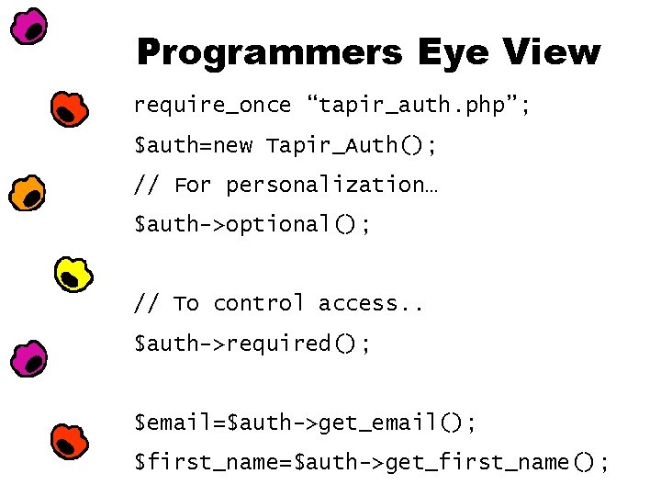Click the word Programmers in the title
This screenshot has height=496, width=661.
click(x=268, y=52)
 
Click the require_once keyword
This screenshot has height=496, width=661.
click(x=212, y=106)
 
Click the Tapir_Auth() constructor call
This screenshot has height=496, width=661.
click(x=352, y=146)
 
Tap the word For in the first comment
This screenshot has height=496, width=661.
click(x=192, y=186)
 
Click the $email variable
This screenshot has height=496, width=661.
click(x=174, y=423)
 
